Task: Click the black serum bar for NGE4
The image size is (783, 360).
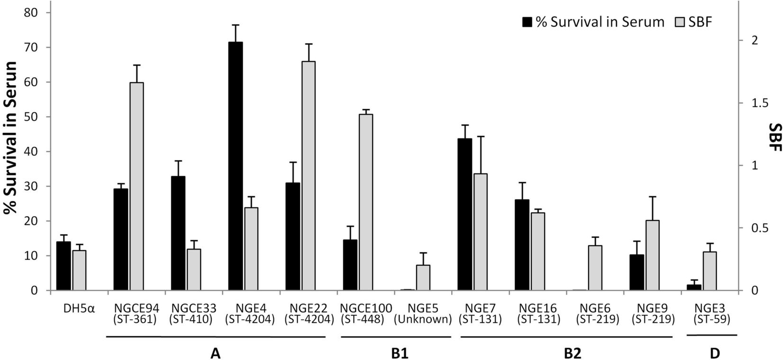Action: (236, 166)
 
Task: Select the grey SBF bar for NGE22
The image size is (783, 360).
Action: (308, 175)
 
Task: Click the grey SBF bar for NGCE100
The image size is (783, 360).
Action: (365, 202)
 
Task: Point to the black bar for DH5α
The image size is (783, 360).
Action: (64, 266)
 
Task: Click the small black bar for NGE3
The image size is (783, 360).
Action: (694, 287)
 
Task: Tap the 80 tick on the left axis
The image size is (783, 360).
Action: (30, 12)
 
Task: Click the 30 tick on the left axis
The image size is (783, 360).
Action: (30, 186)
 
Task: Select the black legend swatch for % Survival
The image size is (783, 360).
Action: (528, 22)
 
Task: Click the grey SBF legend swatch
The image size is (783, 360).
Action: (680, 22)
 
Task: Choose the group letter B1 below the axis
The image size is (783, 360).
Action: (396, 353)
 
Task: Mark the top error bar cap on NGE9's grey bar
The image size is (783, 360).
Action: (652, 197)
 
